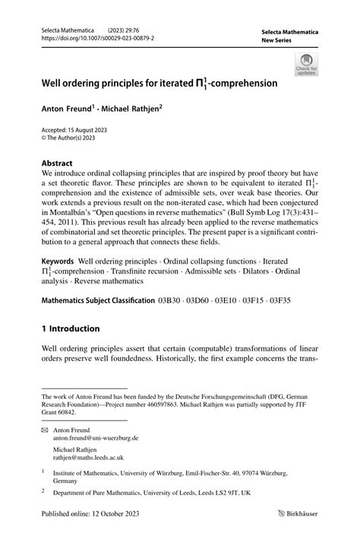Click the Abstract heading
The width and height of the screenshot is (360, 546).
click(x=56, y=163)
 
